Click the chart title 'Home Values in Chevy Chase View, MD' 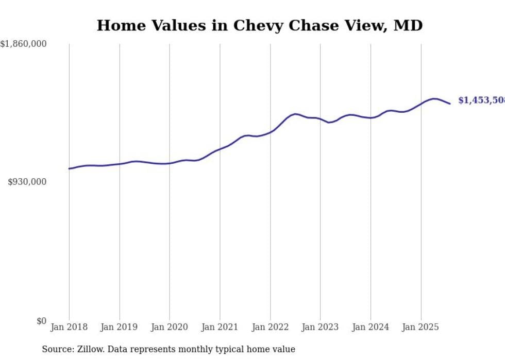pos(260,25)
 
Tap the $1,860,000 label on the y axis pos(24,44)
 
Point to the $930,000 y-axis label pos(27,182)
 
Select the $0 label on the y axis pos(41,321)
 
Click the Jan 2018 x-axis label pos(69,327)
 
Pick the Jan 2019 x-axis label pos(119,327)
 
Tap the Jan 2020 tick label pos(170,327)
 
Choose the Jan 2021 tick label pos(220,327)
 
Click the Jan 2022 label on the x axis pos(270,327)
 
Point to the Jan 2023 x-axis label pos(321,327)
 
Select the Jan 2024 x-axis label pos(371,327)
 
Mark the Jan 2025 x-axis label pos(421,327)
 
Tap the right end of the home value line pos(450,104)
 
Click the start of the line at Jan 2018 pos(69,168)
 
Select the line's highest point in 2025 pos(434,98)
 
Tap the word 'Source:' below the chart pos(56,349)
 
